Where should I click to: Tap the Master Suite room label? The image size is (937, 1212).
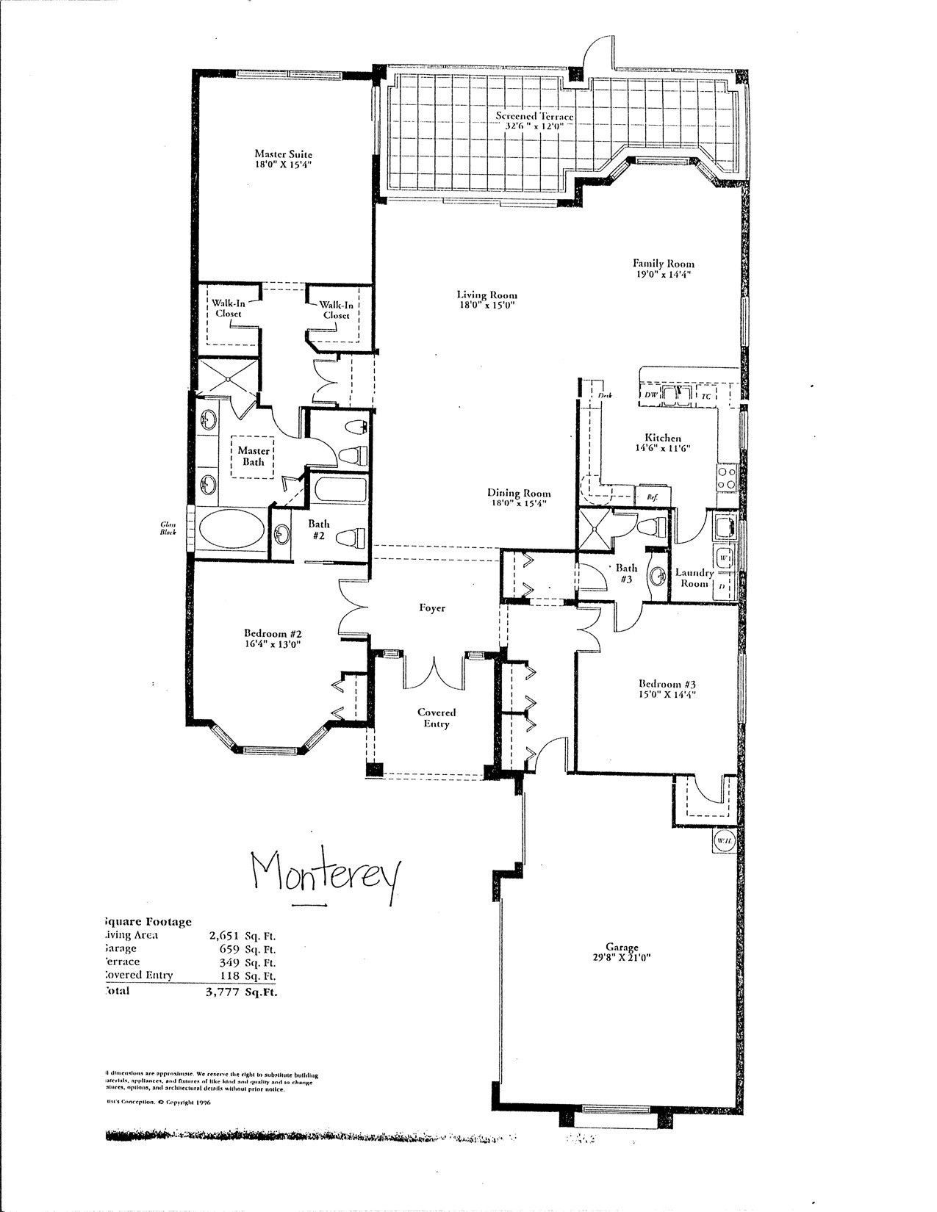tap(283, 154)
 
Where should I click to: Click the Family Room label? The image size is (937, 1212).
tap(664, 264)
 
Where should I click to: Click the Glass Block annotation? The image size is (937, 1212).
tap(170, 528)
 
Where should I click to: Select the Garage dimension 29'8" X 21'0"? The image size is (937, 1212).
tap(622, 957)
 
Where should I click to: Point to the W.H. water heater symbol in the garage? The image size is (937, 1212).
tap(722, 840)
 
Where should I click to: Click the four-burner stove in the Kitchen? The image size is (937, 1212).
tap(726, 479)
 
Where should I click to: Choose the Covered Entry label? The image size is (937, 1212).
tap(437, 718)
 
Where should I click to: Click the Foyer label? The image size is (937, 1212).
tap(432, 608)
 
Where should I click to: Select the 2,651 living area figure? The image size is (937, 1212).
tap(226, 936)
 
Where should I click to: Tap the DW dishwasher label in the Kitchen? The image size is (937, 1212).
tap(650, 396)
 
